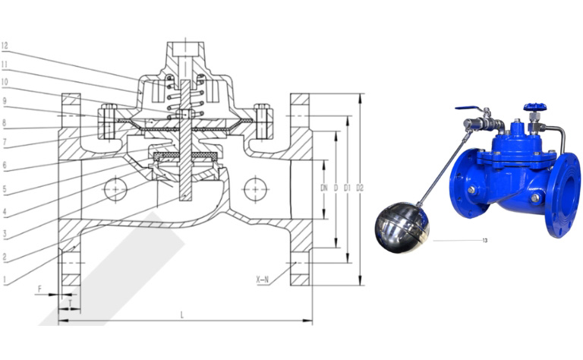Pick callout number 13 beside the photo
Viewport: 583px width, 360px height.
[x=484, y=241]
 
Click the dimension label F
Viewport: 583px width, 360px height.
[x=39, y=289]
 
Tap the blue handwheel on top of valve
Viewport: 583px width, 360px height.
[x=530, y=107]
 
